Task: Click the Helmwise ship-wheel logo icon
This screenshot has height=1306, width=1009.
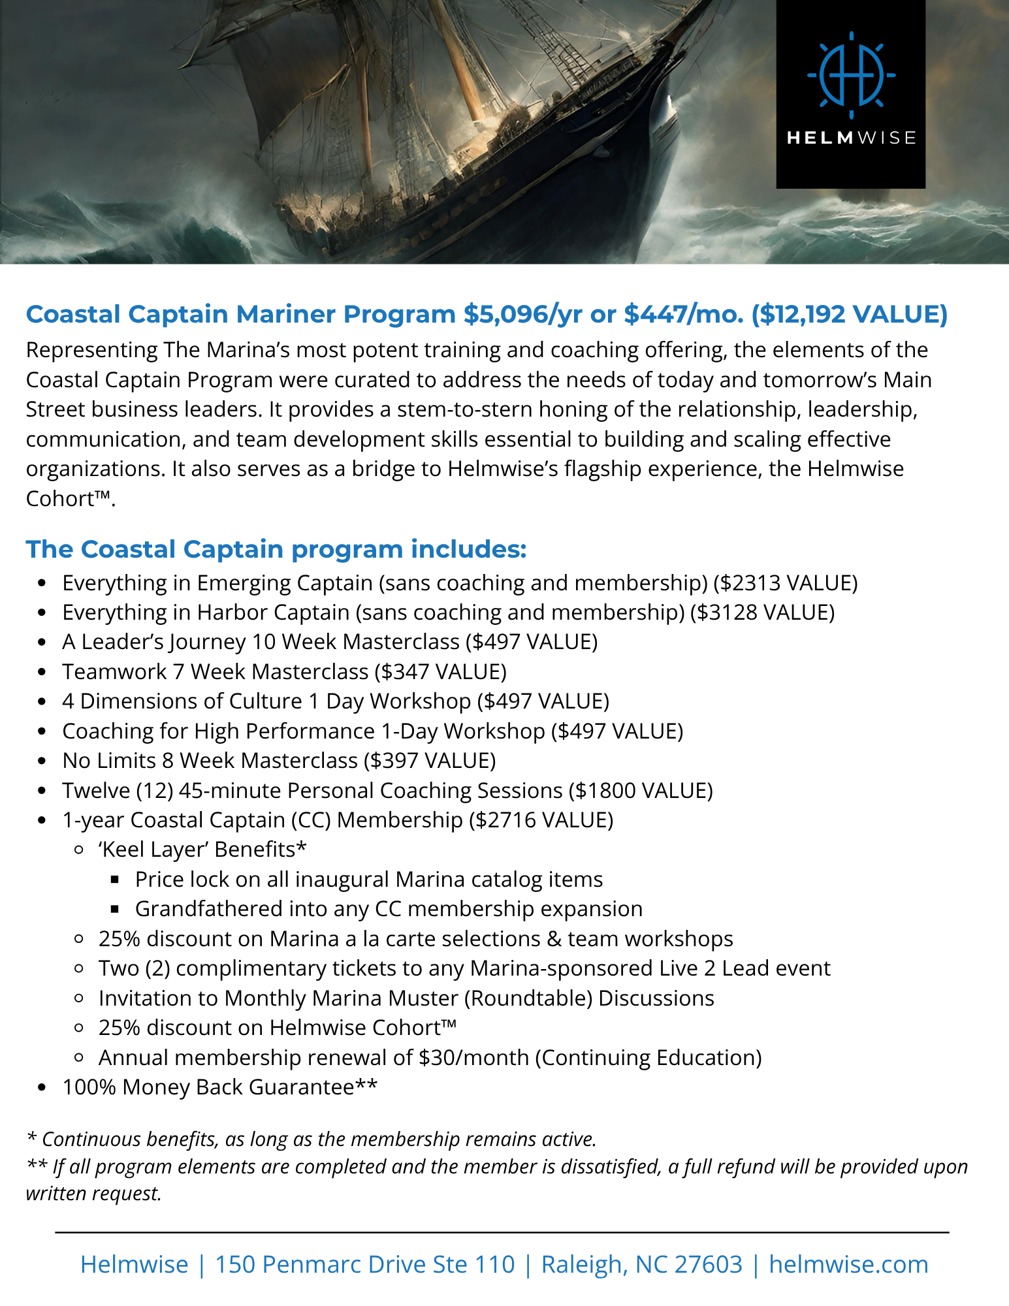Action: tap(851, 74)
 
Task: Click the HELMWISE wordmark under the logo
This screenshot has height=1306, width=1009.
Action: tap(851, 138)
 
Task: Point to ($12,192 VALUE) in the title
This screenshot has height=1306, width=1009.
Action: tap(849, 314)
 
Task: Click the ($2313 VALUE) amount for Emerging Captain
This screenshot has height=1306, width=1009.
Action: tap(786, 582)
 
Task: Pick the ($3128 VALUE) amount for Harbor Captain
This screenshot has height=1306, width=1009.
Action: tap(763, 613)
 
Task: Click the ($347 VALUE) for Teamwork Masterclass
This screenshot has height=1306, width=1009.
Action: tap(441, 672)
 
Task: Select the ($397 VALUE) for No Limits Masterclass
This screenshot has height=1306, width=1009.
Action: tap(430, 761)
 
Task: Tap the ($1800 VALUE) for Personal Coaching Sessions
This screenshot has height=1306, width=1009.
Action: tap(641, 791)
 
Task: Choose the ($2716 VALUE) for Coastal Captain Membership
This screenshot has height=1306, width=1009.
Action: tap(541, 820)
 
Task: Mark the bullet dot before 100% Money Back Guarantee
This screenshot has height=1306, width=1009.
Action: tap(42, 1088)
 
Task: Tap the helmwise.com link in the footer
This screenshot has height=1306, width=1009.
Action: tap(848, 1265)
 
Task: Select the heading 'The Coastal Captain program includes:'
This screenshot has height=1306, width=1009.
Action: tap(276, 549)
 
